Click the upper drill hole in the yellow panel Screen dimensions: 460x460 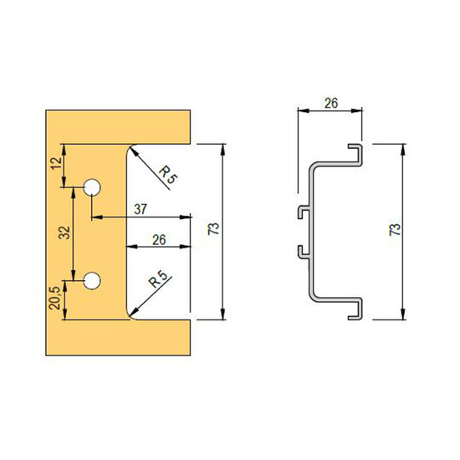(92, 187)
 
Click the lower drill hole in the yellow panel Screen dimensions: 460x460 (92, 281)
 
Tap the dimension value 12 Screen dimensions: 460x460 (57, 163)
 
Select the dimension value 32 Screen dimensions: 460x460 (65, 233)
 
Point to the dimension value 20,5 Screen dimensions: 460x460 (55, 298)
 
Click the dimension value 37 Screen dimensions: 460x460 (141, 209)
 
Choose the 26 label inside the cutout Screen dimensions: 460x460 (159, 240)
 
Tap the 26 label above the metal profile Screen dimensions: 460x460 (331, 103)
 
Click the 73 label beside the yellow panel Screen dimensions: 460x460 (214, 228)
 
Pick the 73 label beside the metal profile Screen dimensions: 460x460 (395, 229)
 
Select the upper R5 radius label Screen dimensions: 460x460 (168, 175)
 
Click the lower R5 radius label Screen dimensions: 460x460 (157, 279)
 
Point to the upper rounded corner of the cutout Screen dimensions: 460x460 (128, 148)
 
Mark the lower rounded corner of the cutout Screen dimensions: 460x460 (128, 315)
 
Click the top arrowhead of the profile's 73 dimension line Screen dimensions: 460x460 (404, 149)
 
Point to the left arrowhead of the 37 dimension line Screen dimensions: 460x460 (97, 217)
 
